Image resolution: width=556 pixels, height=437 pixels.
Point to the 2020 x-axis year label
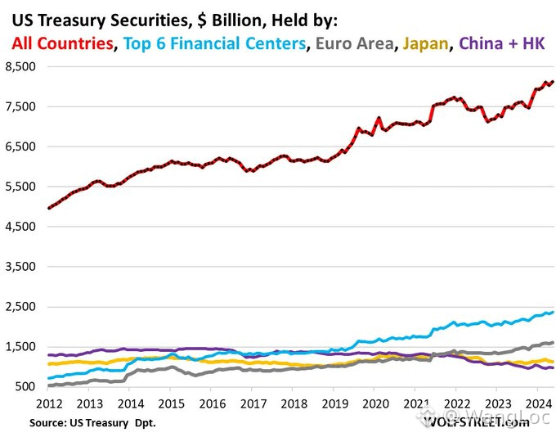pyautogui.click(x=375, y=404)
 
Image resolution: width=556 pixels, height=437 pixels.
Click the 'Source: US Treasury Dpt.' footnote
pyautogui.click(x=92, y=423)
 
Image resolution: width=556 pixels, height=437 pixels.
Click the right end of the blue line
pyautogui.click(x=553, y=312)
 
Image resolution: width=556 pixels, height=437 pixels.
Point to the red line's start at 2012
pyautogui.click(x=48, y=208)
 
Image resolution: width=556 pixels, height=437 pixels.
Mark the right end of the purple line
pyautogui.click(x=553, y=368)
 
